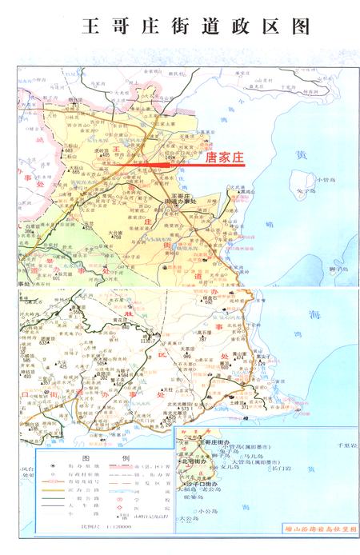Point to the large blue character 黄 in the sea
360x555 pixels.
(x=299, y=155)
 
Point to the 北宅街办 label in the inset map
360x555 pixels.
(x=193, y=461)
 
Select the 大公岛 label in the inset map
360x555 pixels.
(x=186, y=517)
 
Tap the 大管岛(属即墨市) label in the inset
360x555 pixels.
(x=253, y=461)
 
